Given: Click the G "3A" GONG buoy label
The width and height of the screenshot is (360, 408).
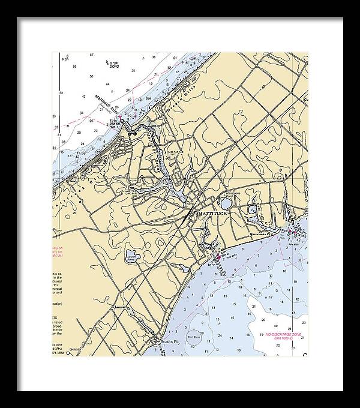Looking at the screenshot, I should pos(111,64).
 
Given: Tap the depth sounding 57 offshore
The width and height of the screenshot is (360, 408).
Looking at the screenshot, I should pos(92,55).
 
